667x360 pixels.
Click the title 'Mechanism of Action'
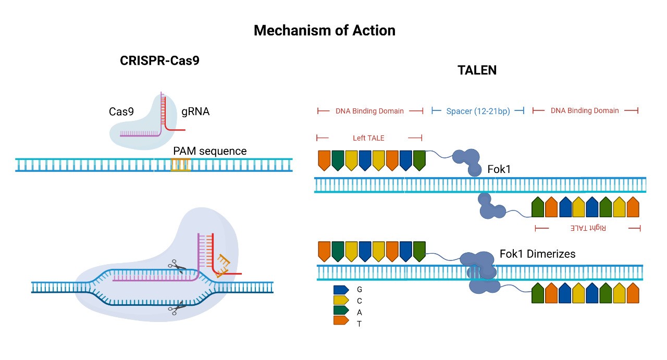[x=324, y=31]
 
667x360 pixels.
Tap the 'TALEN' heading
[x=477, y=70]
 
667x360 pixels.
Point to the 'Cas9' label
[x=122, y=111]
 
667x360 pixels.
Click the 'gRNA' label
[x=195, y=111]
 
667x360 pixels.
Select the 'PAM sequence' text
[x=209, y=151]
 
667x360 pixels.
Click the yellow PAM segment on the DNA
[x=181, y=165]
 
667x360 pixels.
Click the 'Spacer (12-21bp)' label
[x=478, y=111]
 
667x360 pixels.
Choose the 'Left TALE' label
[x=368, y=138]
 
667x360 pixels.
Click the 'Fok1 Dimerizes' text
[x=537, y=254]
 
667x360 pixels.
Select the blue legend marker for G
[x=341, y=289]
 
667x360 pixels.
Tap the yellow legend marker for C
[x=341, y=301]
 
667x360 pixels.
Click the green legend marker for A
[x=341, y=312]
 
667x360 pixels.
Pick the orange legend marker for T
[x=341, y=323]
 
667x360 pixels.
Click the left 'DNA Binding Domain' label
[x=369, y=111]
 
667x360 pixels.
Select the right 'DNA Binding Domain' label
[x=585, y=111]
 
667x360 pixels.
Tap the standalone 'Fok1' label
[x=499, y=170]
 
